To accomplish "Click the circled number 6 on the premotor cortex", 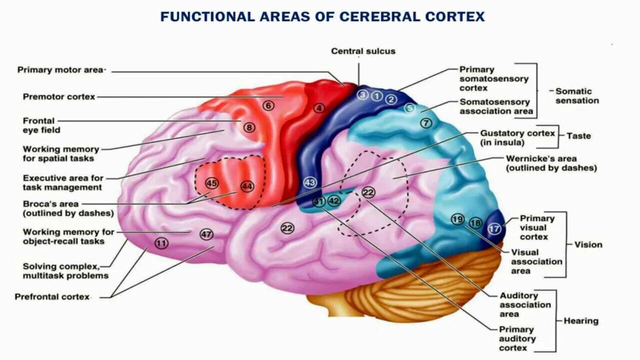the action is tap(269, 105).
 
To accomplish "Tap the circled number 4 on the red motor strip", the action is tap(319, 107).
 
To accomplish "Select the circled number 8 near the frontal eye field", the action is tap(249, 127).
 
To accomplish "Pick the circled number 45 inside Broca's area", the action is tap(211, 183).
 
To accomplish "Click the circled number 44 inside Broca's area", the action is tap(247, 186).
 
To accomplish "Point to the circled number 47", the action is tap(206, 234).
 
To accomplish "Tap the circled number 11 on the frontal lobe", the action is tap(161, 243).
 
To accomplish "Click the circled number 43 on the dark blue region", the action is tap(310, 182).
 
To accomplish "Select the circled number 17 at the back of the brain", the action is tap(494, 229).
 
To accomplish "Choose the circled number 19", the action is tap(457, 219).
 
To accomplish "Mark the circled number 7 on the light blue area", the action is tap(425, 122).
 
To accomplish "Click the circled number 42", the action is tap(333, 201).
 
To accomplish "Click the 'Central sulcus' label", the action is tap(363, 51).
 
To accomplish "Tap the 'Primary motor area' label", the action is tap(60, 70).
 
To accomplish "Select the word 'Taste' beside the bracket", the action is tap(578, 135).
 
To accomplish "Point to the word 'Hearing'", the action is tap(581, 321).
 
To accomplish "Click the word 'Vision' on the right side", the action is tap(588, 244).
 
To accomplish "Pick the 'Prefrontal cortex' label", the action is tap(52, 296).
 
